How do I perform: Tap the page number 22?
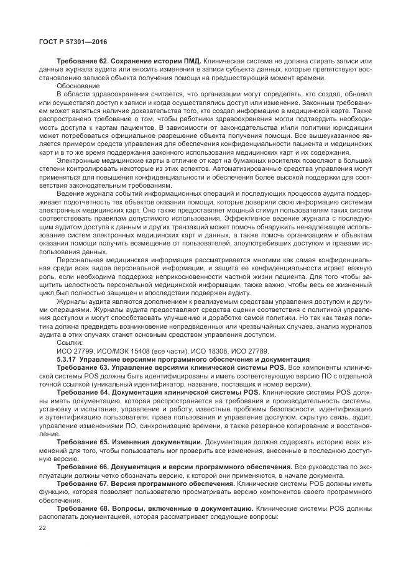pyautogui.click(x=42, y=528)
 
